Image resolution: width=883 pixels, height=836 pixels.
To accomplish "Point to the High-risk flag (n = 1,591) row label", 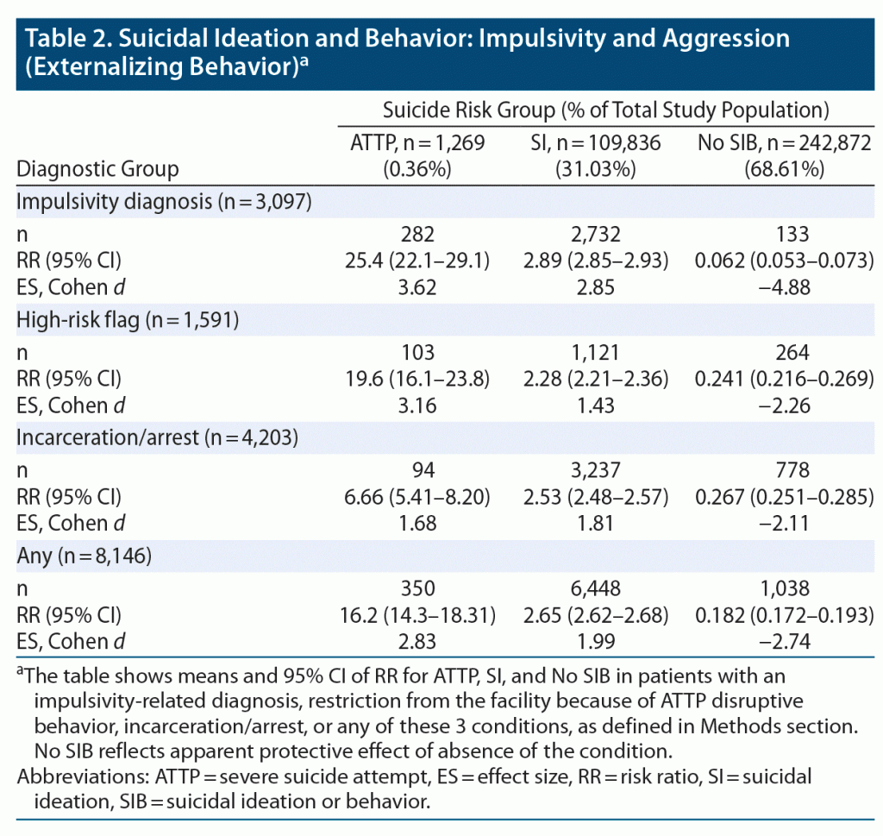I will [128, 320].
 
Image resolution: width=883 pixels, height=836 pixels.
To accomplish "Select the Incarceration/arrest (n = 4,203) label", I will [158, 437].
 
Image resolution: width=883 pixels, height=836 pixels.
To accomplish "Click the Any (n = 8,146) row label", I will [85, 556].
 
